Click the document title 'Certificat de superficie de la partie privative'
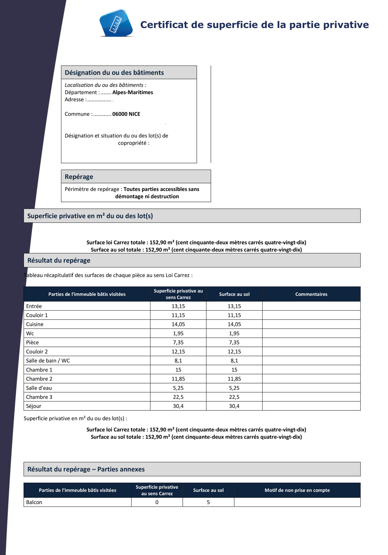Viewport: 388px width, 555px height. click(254, 25)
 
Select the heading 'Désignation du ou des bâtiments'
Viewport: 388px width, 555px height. click(114, 72)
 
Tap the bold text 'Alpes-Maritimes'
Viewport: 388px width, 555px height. click(133, 92)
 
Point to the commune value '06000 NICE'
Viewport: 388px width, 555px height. click(126, 114)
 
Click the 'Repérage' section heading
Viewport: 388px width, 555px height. click(79, 177)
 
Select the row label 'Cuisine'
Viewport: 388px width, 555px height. click(35, 324)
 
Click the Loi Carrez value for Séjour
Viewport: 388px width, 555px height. click(178, 406)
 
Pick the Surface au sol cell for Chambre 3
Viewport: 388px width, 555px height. click(234, 397)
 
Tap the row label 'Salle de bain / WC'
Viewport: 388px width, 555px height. click(48, 361)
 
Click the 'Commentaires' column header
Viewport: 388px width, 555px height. click(311, 294)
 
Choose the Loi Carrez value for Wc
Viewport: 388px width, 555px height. click(178, 333)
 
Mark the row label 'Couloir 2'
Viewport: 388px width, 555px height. click(37, 351)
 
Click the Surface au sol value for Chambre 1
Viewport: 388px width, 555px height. click(234, 370)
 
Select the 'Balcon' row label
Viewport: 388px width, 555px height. click(34, 502)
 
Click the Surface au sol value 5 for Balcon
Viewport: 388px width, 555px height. click(208, 502)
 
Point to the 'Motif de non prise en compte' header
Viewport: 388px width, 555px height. click(297, 490)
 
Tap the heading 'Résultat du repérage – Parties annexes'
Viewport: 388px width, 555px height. click(86, 469)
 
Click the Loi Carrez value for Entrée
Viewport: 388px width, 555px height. click(178, 306)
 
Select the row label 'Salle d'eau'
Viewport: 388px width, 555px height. click(39, 388)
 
